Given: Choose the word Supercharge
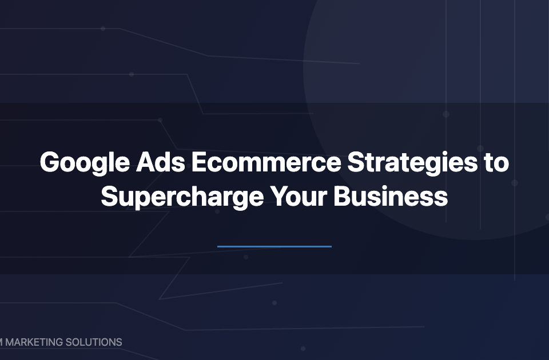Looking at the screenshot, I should pyautogui.click(x=182, y=197).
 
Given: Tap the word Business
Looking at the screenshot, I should pyautogui.click(x=391, y=197).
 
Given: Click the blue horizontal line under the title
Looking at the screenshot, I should pyautogui.click(x=274, y=246).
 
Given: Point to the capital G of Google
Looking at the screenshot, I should pyautogui.click(x=50, y=162).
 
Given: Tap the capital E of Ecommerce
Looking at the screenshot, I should pyautogui.click(x=198, y=162).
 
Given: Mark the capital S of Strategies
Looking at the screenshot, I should pyautogui.click(x=356, y=162).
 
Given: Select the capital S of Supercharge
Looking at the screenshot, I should pyautogui.click(x=109, y=197).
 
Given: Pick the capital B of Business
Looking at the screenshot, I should pyautogui.click(x=342, y=197).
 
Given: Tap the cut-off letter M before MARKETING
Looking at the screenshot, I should pyautogui.click(x=1, y=342).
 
